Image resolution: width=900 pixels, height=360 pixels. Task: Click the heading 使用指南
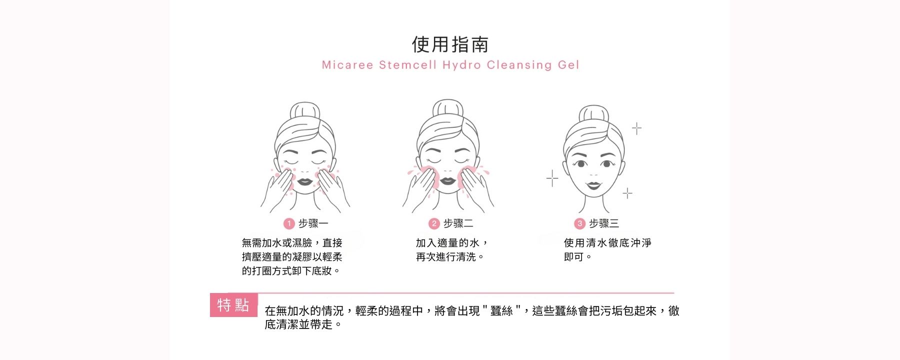(450, 44)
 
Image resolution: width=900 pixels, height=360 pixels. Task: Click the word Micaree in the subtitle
(347, 65)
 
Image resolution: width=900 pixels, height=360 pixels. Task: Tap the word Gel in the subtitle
(568, 65)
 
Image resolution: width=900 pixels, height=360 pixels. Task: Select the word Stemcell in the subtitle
(408, 65)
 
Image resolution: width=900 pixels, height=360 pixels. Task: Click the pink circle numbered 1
(289, 223)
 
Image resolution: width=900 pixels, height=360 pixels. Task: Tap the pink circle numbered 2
(434, 223)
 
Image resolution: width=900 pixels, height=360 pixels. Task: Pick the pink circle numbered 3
(579, 223)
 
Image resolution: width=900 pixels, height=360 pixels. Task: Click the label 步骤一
(313, 223)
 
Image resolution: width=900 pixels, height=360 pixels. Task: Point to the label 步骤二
(458, 223)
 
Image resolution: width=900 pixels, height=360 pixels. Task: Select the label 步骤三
(604, 223)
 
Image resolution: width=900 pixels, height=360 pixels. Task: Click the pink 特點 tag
(233, 305)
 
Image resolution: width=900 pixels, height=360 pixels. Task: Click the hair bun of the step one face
(305, 110)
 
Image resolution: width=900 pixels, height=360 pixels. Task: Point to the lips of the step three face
(593, 185)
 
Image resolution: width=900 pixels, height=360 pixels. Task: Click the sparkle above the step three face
(636, 128)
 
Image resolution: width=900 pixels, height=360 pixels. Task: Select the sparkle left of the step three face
(552, 178)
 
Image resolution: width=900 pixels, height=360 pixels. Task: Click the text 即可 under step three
(574, 257)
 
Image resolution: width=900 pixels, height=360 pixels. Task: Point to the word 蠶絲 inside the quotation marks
(501, 311)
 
